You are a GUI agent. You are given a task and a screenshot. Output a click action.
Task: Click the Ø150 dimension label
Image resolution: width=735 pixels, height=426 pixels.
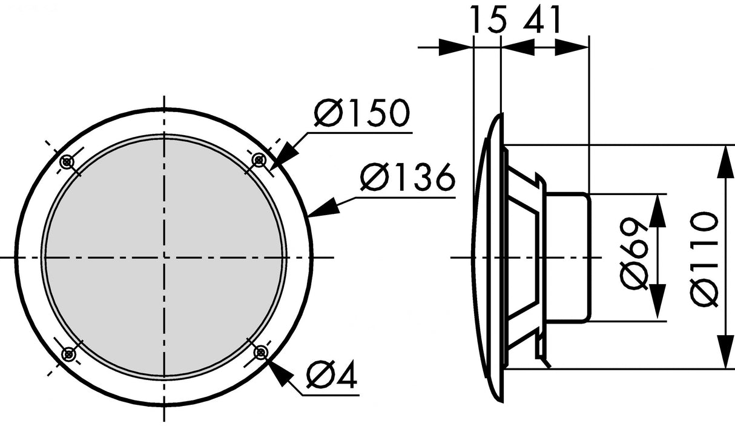pos(362,113)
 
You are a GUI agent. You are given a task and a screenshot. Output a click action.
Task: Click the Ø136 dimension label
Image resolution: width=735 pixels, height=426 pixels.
pos(407,177)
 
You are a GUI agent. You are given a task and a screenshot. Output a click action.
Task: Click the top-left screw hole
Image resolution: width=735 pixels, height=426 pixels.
pos(67,161)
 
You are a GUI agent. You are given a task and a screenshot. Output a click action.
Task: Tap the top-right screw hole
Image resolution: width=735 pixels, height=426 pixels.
pos(259,161)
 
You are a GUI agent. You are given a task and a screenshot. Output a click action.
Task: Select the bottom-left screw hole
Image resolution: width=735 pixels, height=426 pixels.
pos(68,353)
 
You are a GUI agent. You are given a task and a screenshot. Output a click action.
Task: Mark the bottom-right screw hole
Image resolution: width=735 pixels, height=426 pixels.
pos(261,352)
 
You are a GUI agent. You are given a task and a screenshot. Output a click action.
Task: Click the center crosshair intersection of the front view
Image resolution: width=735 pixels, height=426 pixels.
pos(163,257)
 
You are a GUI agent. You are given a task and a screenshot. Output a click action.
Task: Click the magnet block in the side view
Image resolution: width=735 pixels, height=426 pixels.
pos(567,257)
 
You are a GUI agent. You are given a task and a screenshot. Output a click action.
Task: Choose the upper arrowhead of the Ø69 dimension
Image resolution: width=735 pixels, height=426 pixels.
pos(658,210)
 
